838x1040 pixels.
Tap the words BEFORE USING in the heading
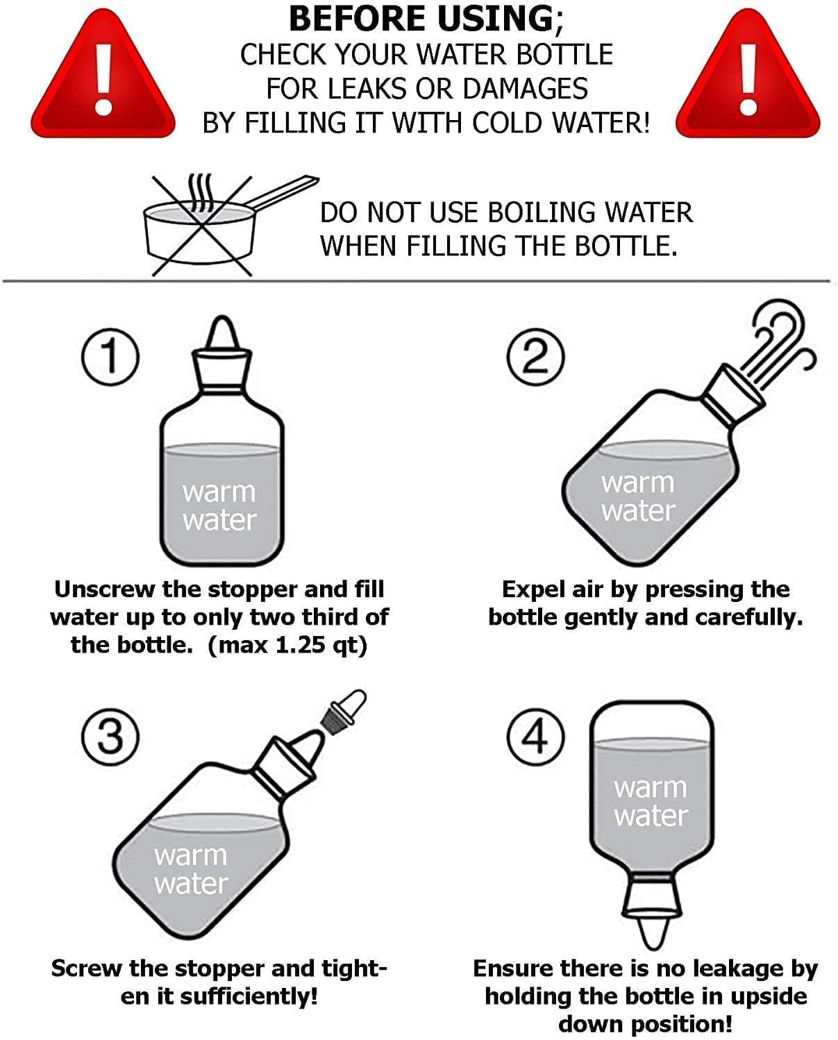click(x=421, y=19)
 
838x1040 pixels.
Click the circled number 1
click(x=110, y=357)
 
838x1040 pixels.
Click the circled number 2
click(x=535, y=357)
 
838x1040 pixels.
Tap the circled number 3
click(x=110, y=737)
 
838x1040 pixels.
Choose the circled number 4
click(x=535, y=737)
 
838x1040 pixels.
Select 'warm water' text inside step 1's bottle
click(x=219, y=506)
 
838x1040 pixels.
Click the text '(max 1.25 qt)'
click(x=287, y=645)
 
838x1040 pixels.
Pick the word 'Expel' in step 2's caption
click(x=533, y=589)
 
